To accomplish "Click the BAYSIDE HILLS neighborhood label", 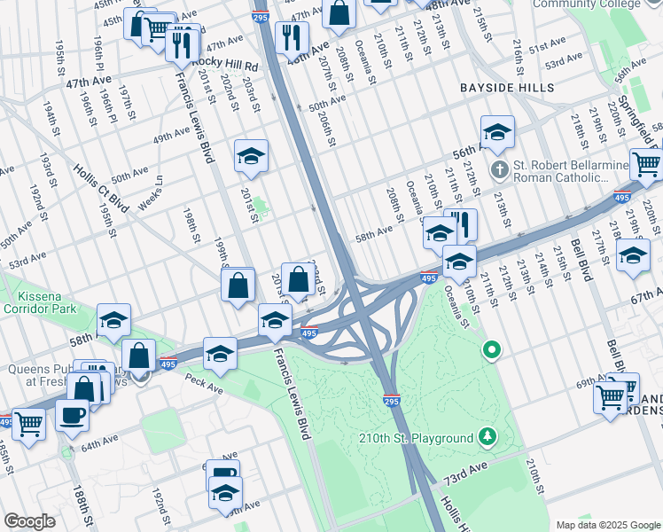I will (507, 88).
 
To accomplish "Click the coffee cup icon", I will (72, 414).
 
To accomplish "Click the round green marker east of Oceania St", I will (492, 352).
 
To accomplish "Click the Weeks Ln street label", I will (157, 192).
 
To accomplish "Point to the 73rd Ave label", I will (466, 466).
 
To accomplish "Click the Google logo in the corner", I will (29, 521).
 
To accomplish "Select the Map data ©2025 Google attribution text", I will (607, 525).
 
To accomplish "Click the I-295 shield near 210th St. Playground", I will (392, 400).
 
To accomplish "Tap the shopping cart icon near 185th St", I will (27, 426).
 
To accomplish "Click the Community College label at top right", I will (599, 4).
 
